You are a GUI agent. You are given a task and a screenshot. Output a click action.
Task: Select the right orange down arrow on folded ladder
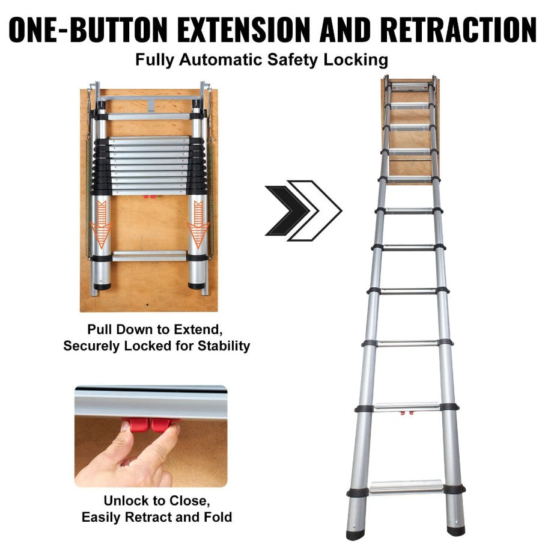198,225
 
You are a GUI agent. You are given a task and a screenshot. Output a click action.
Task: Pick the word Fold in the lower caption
218,517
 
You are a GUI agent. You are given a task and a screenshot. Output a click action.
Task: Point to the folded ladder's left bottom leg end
102,284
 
